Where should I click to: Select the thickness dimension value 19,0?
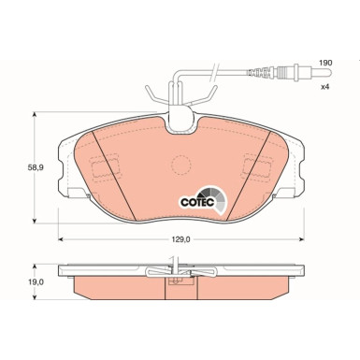tap(17, 280)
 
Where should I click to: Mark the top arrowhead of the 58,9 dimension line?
tap(35, 114)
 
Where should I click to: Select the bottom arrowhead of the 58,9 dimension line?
tap(35, 222)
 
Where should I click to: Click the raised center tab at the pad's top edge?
tap(181, 116)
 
